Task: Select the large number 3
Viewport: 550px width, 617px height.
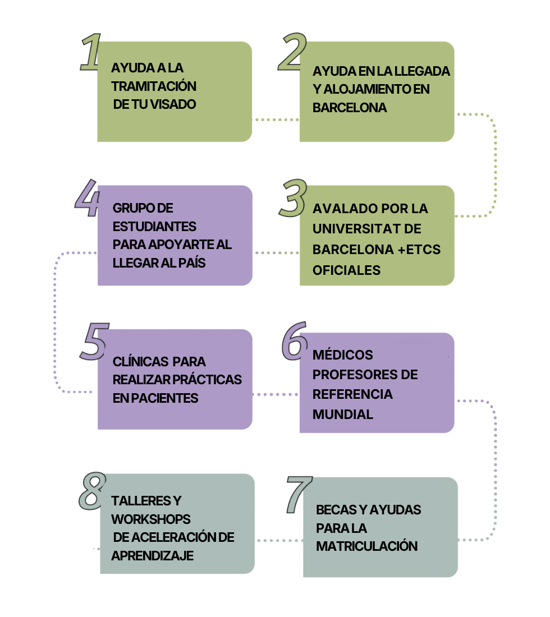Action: (292, 198)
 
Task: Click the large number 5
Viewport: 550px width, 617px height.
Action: (93, 341)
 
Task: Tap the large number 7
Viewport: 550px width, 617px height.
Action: (298, 494)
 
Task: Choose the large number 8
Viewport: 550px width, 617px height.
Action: (91, 491)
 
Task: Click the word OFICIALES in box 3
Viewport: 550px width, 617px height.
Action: (346, 270)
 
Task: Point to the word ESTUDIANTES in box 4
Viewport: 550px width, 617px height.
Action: (154, 227)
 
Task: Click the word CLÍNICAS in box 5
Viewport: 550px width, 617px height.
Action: (140, 361)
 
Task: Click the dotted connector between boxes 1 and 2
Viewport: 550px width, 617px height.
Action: (276, 119)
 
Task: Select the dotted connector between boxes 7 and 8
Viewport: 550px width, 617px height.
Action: (279, 540)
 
